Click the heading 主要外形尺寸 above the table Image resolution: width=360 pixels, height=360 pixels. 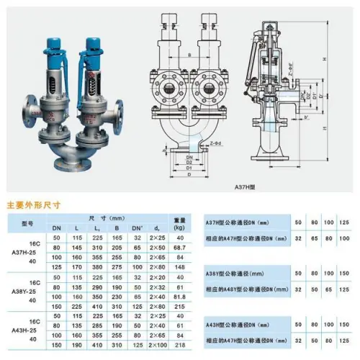pyautogui.click(x=34, y=204)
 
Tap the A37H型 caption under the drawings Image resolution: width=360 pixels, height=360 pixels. pyautogui.click(x=265, y=186)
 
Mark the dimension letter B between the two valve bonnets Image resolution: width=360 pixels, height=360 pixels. pyautogui.click(x=189, y=53)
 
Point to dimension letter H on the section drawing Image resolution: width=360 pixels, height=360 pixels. pyautogui.click(x=345, y=60)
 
